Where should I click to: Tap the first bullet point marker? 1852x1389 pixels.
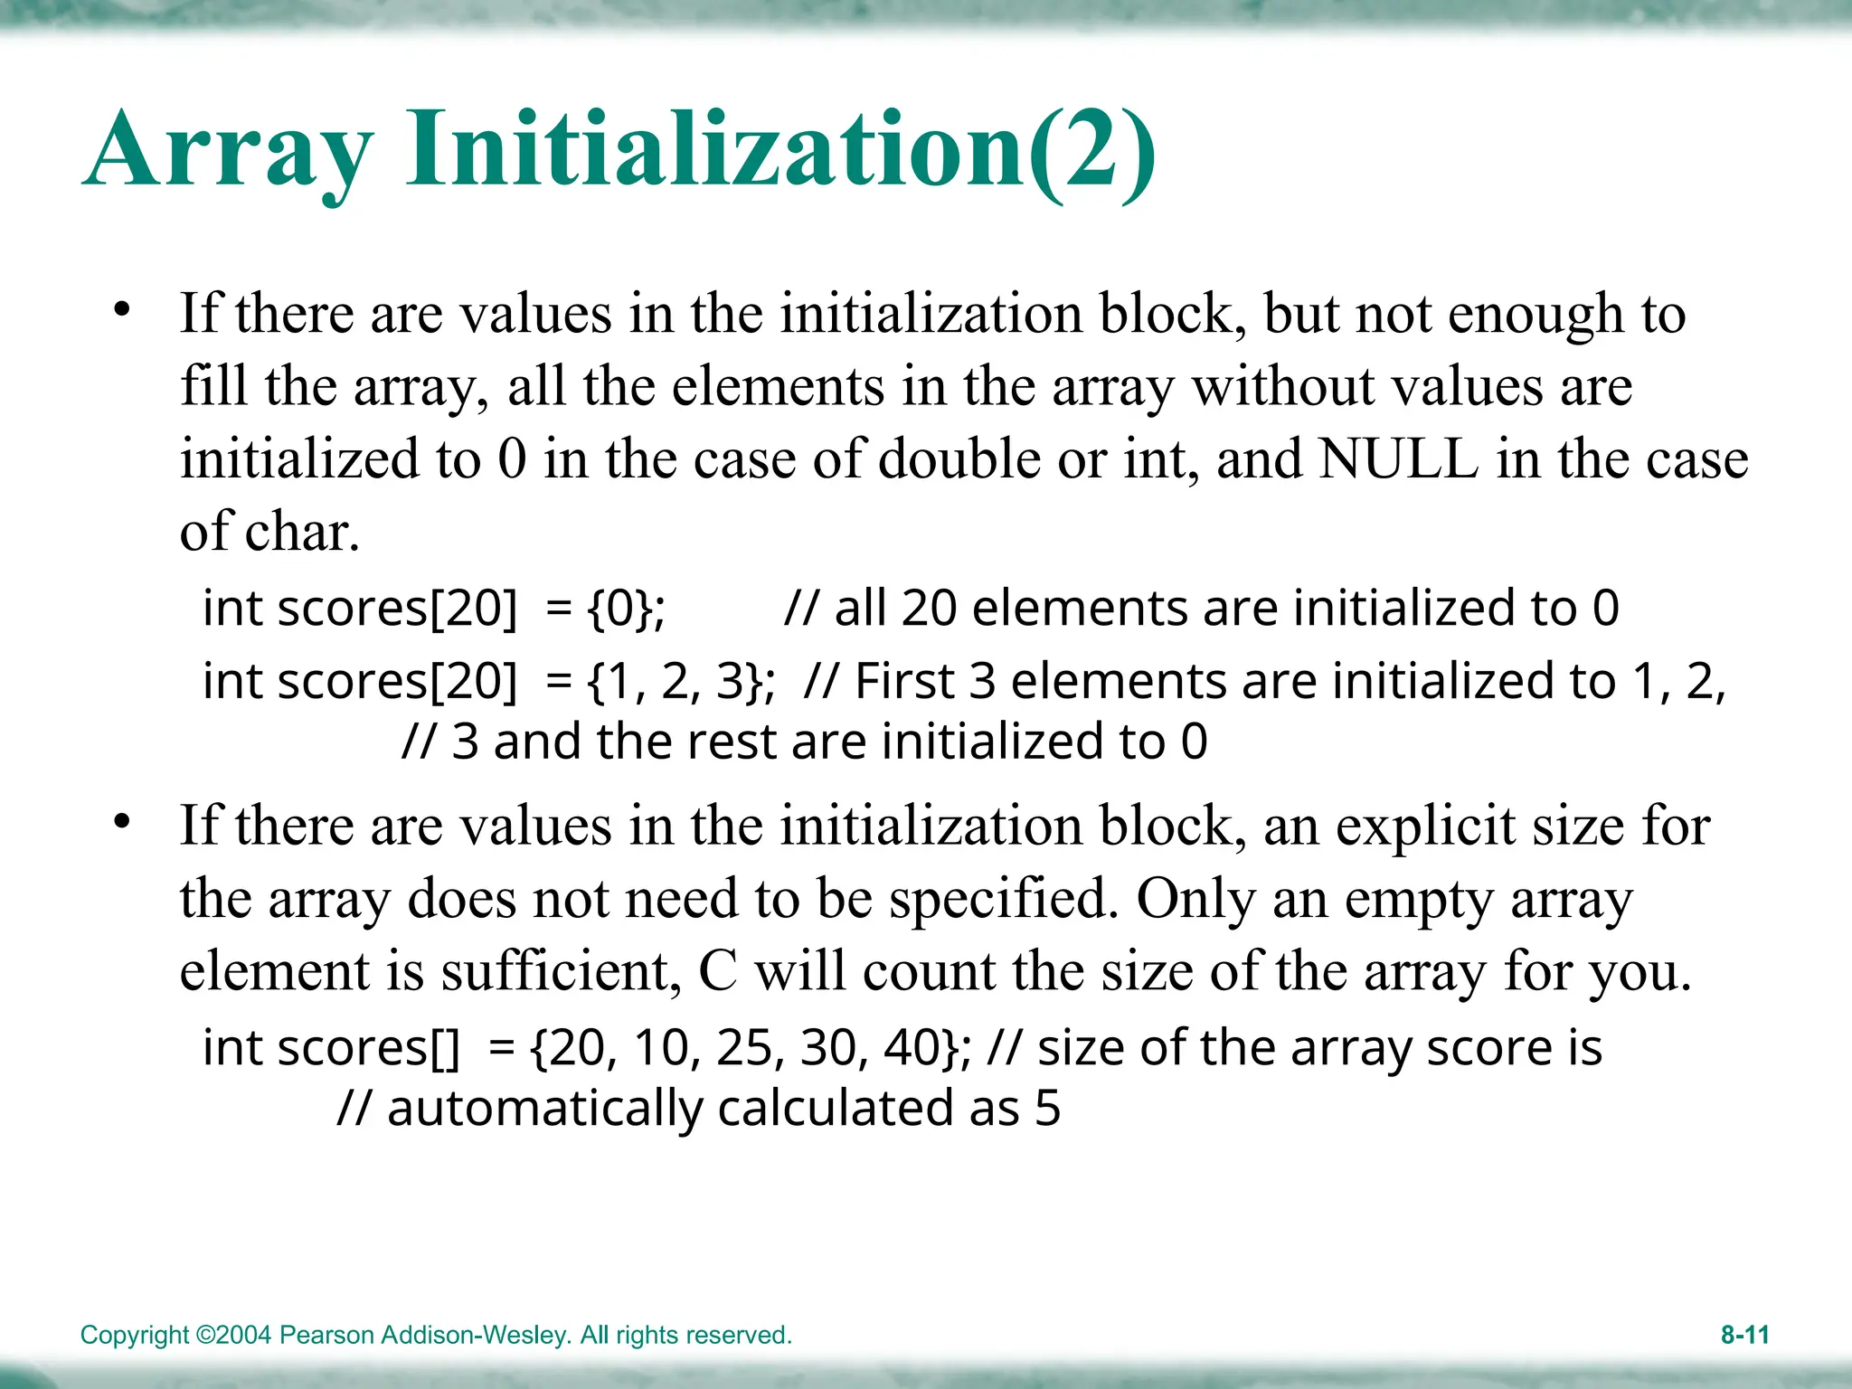tap(122, 311)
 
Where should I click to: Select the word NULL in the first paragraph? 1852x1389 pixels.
tap(1398, 459)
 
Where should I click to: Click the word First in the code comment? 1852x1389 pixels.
tap(904, 681)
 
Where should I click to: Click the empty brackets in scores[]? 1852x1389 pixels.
tap(444, 1048)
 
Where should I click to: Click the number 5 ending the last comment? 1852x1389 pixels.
tap(1047, 1109)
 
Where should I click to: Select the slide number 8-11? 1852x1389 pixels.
tap(1744, 1335)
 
